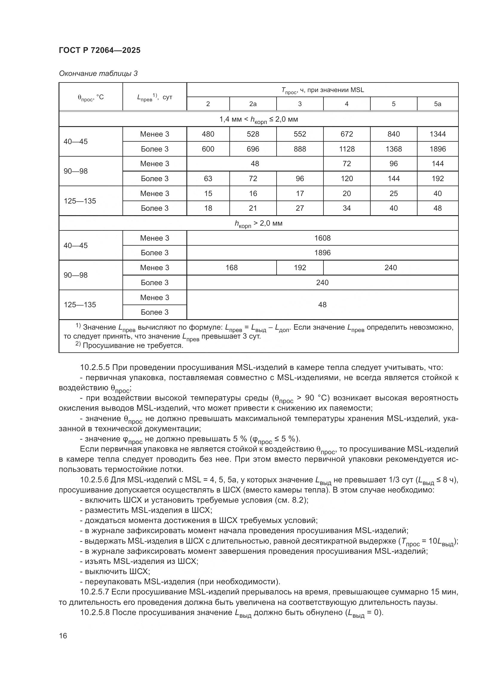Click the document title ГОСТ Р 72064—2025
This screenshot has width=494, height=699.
click(99, 50)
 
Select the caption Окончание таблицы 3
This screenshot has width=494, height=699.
click(98, 74)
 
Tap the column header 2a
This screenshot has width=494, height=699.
click(253, 104)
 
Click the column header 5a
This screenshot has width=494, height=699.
click(437, 104)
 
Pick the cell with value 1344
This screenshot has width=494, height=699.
click(437, 134)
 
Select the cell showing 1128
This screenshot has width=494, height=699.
click(346, 149)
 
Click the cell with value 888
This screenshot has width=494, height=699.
click(300, 149)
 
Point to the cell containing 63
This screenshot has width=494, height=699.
click(208, 178)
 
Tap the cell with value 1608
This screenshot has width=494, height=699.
click(322, 238)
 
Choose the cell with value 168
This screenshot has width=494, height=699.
click(231, 267)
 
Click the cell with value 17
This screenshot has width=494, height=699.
click(300, 193)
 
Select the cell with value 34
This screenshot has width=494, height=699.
click(346, 208)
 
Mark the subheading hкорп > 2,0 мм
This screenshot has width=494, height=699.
click(258, 224)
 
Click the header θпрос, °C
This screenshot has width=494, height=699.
click(91, 97)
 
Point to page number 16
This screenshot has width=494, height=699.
click(63, 636)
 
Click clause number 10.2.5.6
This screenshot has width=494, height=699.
click(94, 480)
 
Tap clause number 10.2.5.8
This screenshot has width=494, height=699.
click(94, 613)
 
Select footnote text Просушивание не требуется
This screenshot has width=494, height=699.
click(133, 345)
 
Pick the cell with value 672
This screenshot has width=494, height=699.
click(346, 134)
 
